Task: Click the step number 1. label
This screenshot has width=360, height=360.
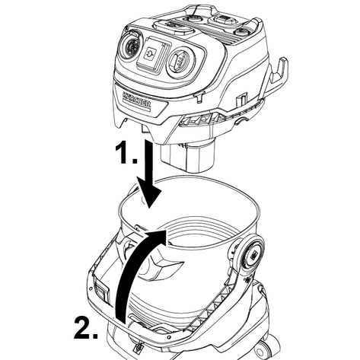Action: (126, 153)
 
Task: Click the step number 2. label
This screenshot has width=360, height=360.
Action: (86, 327)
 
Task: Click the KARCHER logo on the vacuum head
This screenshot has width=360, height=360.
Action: (137, 100)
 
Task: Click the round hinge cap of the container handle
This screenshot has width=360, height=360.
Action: (250, 253)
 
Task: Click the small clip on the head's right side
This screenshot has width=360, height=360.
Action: (241, 100)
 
